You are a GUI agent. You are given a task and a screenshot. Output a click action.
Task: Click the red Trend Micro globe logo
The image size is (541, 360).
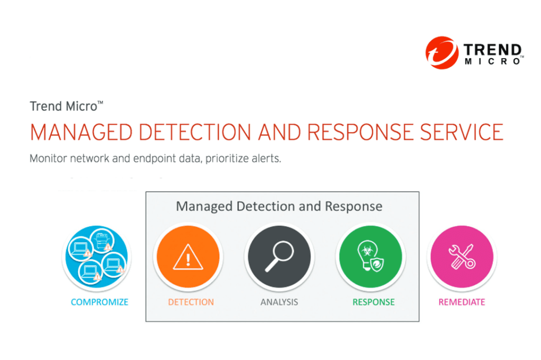[442, 52]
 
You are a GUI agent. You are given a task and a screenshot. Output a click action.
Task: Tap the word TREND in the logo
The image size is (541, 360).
[492, 50]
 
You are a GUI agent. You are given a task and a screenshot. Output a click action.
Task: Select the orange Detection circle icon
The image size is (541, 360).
[188, 257]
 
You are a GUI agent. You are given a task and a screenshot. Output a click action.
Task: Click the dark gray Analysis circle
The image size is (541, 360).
[279, 257]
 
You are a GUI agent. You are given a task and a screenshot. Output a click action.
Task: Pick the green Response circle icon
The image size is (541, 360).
[370, 257]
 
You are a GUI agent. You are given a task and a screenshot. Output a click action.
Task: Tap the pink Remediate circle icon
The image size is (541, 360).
[461, 257]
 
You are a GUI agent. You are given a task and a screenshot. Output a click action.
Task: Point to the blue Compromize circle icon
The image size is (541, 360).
[96, 257]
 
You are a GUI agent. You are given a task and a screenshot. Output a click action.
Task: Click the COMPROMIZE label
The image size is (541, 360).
[100, 302]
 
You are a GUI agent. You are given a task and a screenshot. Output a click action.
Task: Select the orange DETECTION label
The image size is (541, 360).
[191, 302]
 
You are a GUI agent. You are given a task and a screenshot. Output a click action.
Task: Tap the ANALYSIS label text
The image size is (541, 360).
[279, 302]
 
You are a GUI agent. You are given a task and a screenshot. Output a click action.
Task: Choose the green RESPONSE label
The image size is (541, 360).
[374, 302]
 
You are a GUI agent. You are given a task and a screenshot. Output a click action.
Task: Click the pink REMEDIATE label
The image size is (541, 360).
[462, 302]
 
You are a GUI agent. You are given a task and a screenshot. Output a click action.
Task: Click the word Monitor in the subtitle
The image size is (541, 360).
[48, 159]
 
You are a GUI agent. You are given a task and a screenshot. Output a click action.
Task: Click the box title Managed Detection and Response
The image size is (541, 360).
[279, 206]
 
